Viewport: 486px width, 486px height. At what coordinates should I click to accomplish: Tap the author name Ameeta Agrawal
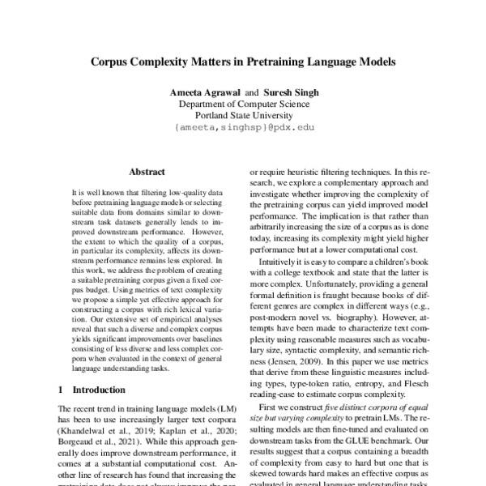pyautogui.click(x=205, y=93)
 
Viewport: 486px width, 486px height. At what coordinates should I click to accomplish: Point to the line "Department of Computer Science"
pyautogui.click(x=243, y=104)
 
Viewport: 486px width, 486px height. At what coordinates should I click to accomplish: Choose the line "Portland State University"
pyautogui.click(x=243, y=116)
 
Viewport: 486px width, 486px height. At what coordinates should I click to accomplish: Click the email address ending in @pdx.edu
pyautogui.click(x=243, y=128)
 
